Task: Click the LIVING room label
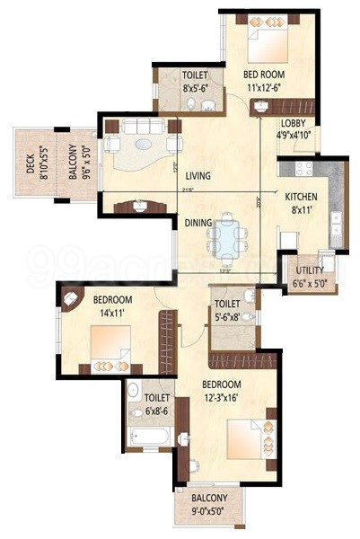pyautogui.click(x=198, y=176)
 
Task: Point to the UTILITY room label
pyautogui.click(x=310, y=269)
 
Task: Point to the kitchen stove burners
pyautogui.click(x=299, y=169)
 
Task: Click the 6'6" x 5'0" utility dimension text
pyautogui.click(x=309, y=283)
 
